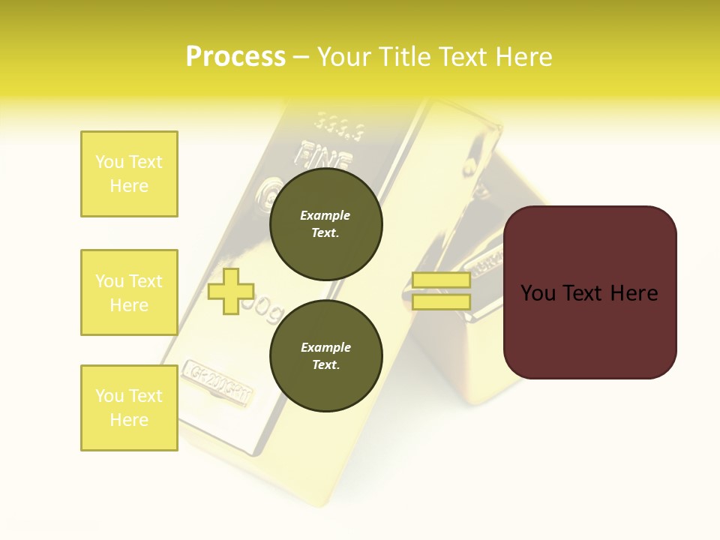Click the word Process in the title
235,56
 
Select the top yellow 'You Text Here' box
129,174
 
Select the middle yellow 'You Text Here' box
129,292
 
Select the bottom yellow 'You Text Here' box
129,408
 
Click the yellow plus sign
231,291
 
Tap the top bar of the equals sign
441,280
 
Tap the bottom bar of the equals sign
441,302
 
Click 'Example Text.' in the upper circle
325,224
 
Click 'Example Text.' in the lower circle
325,356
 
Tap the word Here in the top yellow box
129,186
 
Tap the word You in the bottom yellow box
110,396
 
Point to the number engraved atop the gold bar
339,125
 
